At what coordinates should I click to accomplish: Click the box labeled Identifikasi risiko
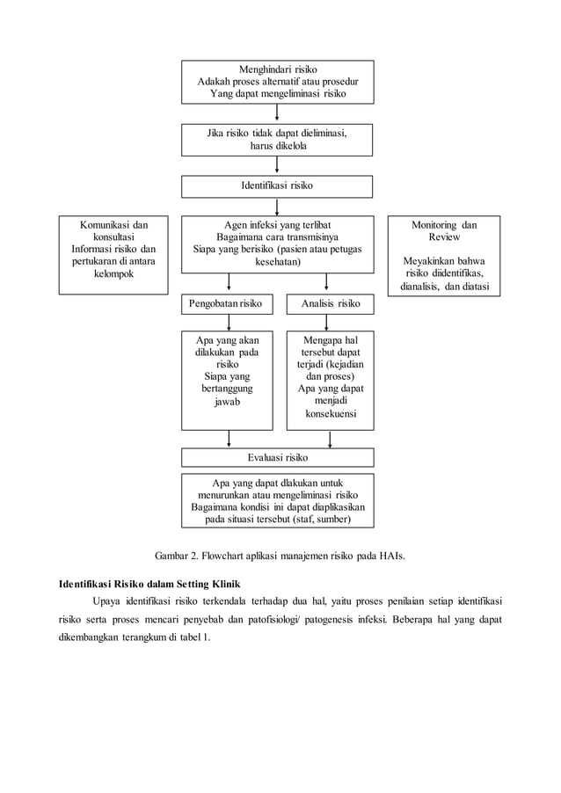pyautogui.click(x=277, y=186)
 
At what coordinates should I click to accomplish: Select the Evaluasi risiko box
pyautogui.click(x=277, y=457)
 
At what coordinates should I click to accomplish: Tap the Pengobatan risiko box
pyautogui.click(x=227, y=304)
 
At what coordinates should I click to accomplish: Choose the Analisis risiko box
pyautogui.click(x=330, y=304)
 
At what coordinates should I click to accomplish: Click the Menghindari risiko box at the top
pyautogui.click(x=277, y=81)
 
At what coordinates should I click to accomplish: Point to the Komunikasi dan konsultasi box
pyautogui.click(x=113, y=255)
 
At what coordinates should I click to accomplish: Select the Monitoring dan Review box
pyautogui.click(x=444, y=255)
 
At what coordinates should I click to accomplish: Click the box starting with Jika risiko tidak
pyautogui.click(x=277, y=139)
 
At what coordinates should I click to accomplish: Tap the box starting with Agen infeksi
pyautogui.click(x=277, y=244)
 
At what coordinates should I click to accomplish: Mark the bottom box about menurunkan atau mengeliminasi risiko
pyautogui.click(x=277, y=499)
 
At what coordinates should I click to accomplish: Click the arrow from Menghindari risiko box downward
pyautogui.click(x=277, y=113)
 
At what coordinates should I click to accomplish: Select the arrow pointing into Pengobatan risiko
pyautogui.click(x=229, y=283)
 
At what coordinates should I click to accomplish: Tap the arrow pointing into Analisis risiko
pyautogui.click(x=327, y=283)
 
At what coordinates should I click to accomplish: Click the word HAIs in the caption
pyautogui.click(x=389, y=556)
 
